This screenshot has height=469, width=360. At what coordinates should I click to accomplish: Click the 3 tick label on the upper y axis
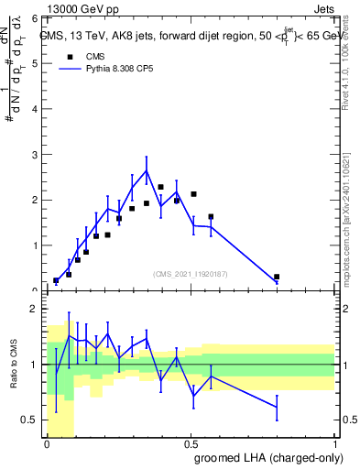pyautogui.click(x=36, y=155)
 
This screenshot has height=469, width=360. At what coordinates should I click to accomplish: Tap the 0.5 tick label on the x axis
pyautogui.click(x=191, y=443)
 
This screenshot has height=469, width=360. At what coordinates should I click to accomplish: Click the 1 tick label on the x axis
pyautogui.click(x=333, y=443)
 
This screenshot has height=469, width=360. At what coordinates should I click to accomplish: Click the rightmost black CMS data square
pyautogui.click(x=277, y=277)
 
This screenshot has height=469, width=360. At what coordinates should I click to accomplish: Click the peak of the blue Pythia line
pyautogui.click(x=147, y=170)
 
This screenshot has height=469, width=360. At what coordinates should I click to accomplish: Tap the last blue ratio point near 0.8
pyautogui.click(x=277, y=407)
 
